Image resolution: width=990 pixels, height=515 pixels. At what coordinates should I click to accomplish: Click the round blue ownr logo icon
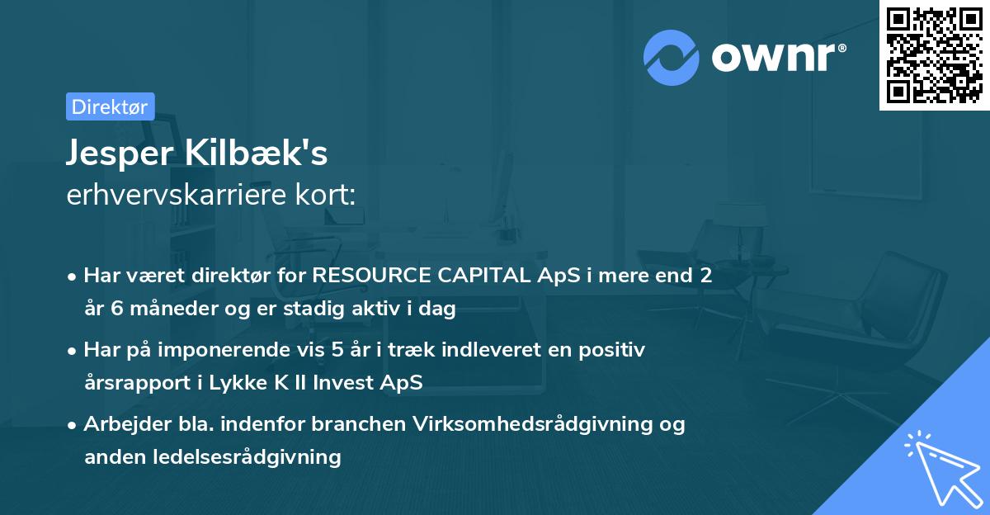[672, 58]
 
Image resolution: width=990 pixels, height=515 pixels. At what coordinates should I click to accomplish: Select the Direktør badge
[110, 106]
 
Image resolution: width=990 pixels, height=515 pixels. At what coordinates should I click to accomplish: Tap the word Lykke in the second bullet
[240, 383]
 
